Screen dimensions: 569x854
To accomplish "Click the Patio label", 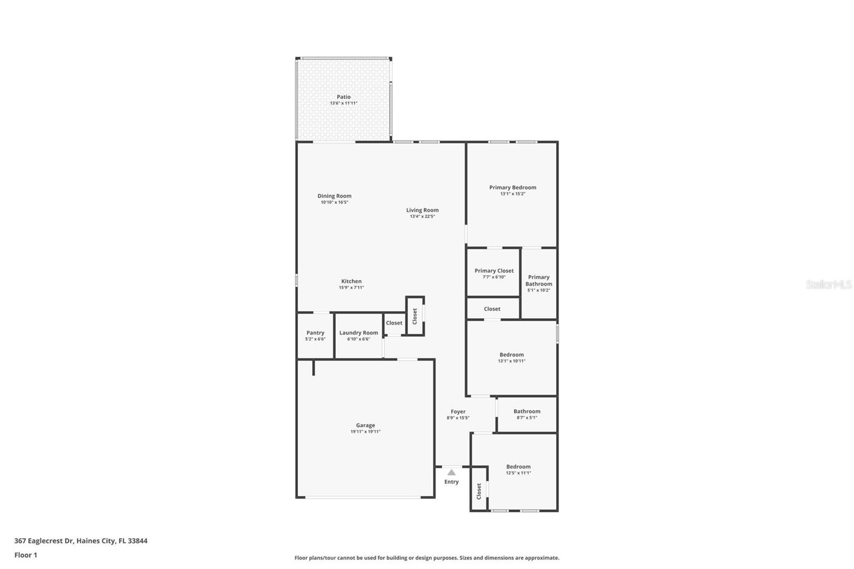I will click(x=344, y=97).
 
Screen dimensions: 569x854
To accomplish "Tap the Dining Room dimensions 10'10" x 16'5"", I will click(x=335, y=202).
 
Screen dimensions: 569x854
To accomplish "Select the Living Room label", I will click(x=422, y=210).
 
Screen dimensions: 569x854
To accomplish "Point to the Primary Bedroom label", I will click(x=512, y=187).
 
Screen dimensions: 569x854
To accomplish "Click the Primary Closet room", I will click(x=494, y=273).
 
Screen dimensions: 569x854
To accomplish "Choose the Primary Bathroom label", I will click(x=539, y=280).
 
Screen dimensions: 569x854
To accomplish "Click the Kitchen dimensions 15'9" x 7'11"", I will click(x=351, y=288).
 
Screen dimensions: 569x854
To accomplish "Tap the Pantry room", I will click(x=315, y=336).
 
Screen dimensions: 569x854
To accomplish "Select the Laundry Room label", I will click(x=359, y=333).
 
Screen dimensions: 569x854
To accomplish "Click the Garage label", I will click(x=366, y=425).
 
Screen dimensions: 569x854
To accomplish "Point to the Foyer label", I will click(x=458, y=412).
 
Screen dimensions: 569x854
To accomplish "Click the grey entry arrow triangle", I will click(x=452, y=472).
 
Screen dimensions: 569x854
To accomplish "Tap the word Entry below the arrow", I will click(x=452, y=482).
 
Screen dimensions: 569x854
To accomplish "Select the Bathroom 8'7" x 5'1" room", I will click(x=527, y=414).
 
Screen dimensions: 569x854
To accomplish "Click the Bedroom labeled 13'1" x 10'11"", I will click(x=511, y=358).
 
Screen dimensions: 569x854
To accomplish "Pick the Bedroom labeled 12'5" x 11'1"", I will click(x=518, y=470).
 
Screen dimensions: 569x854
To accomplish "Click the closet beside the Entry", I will click(x=479, y=490).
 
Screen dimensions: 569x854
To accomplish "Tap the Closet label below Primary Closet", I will click(x=492, y=309).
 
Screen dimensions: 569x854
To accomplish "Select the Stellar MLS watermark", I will click(x=828, y=285).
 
